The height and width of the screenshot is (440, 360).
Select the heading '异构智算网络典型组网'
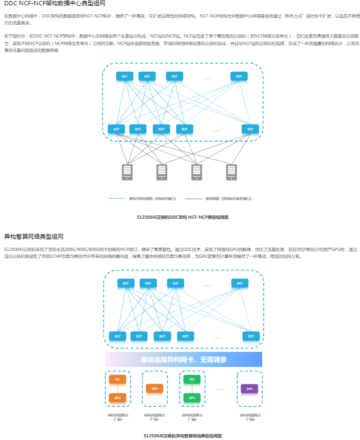[x=34, y=236]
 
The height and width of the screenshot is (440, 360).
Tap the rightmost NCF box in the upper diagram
[x=239, y=77]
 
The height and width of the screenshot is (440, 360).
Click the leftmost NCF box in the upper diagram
[x=125, y=77]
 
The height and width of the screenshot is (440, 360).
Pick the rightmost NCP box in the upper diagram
[x=251, y=129]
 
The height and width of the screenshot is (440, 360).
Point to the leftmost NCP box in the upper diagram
[x=116, y=129]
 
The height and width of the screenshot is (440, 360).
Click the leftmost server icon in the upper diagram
[x=127, y=172]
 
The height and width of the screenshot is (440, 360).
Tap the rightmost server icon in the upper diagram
[x=231, y=172]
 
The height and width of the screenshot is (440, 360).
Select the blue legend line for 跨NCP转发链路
[x=116, y=199]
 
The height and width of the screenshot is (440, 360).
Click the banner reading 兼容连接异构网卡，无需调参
[x=184, y=360]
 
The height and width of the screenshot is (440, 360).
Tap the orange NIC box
[x=118, y=379]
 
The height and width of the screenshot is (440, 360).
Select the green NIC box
[x=192, y=379]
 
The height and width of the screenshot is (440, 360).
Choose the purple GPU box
[x=249, y=389]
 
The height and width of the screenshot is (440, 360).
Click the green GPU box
[x=192, y=398]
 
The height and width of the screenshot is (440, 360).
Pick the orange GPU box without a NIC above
[x=154, y=389]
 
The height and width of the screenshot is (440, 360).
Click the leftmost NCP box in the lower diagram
[x=117, y=336]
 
